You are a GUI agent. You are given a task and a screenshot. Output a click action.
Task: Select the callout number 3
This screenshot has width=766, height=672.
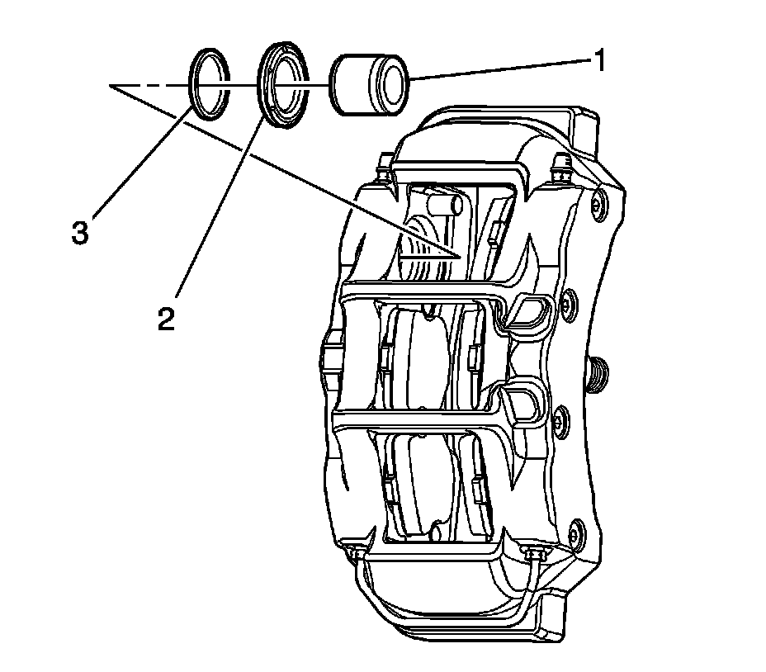[79, 233]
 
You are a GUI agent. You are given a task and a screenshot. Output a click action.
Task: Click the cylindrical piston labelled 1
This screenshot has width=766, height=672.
[368, 83]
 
